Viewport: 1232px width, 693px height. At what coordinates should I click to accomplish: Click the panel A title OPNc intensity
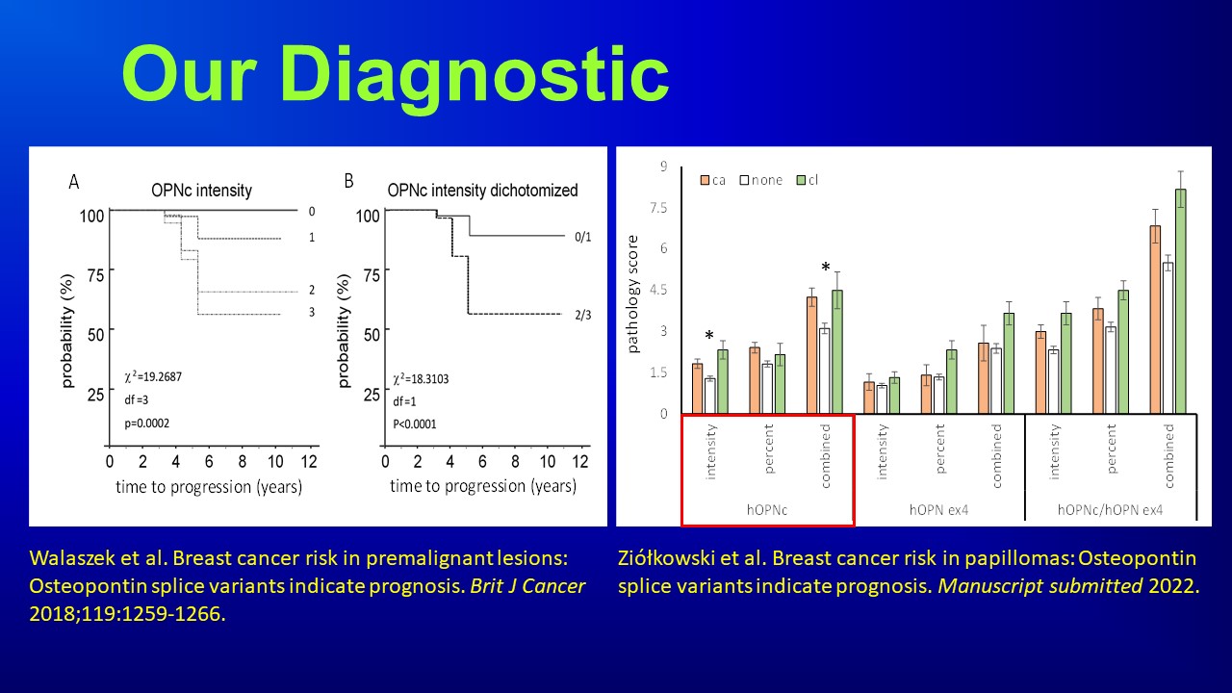tap(201, 191)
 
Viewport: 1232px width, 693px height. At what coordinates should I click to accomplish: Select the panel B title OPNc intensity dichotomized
tap(482, 191)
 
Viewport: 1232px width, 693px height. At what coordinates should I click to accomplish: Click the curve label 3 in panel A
tap(311, 313)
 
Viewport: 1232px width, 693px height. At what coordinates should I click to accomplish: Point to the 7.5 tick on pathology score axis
tap(657, 207)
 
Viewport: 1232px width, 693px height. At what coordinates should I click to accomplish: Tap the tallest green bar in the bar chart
tap(1180, 300)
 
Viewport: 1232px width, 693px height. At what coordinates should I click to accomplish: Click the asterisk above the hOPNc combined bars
tap(825, 267)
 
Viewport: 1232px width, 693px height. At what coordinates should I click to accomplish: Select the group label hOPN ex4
tap(938, 510)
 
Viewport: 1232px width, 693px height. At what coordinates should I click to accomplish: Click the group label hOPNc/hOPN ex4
tap(1110, 510)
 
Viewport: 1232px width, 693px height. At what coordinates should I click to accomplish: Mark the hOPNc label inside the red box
tap(767, 510)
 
